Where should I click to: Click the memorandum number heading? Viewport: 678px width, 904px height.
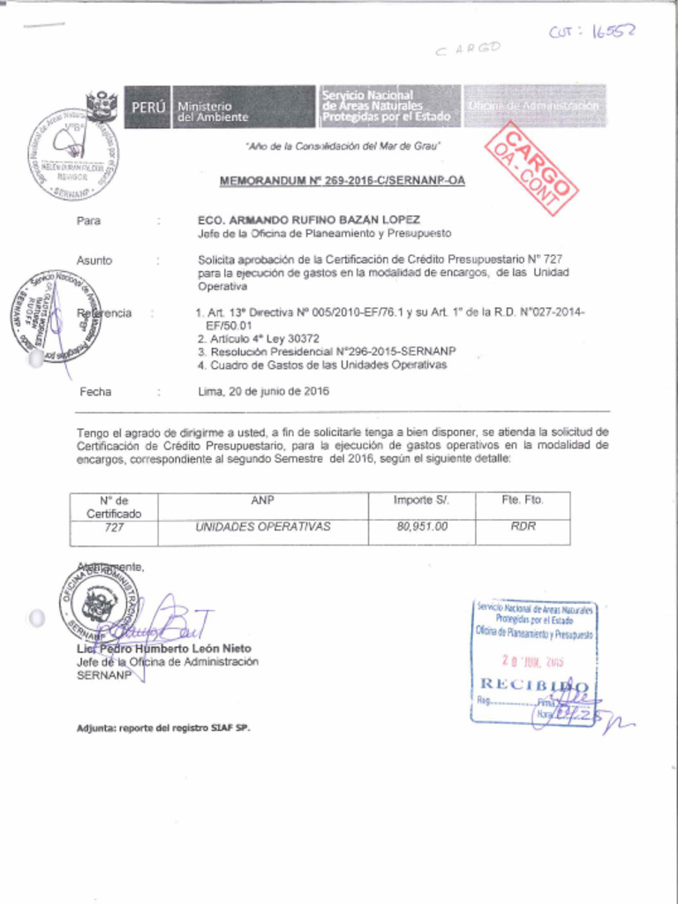[x=342, y=181]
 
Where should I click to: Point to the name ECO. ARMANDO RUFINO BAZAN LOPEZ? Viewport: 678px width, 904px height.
[x=308, y=219]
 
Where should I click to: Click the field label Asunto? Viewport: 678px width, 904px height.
[x=94, y=260]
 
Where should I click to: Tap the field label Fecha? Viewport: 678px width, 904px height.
[x=95, y=391]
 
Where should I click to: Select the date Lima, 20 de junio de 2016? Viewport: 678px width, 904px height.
[x=263, y=391]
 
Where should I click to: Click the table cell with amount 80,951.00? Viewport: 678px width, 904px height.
[x=421, y=527]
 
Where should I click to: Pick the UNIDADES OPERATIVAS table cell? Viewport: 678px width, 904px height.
[x=262, y=527]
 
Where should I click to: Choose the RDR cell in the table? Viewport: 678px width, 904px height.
[x=523, y=527]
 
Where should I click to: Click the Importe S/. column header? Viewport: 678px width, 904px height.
[x=421, y=501]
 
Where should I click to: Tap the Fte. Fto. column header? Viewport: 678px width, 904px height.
[x=523, y=501]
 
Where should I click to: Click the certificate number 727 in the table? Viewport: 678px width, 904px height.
[x=113, y=528]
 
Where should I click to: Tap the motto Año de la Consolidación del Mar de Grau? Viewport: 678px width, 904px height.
[x=343, y=146]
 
